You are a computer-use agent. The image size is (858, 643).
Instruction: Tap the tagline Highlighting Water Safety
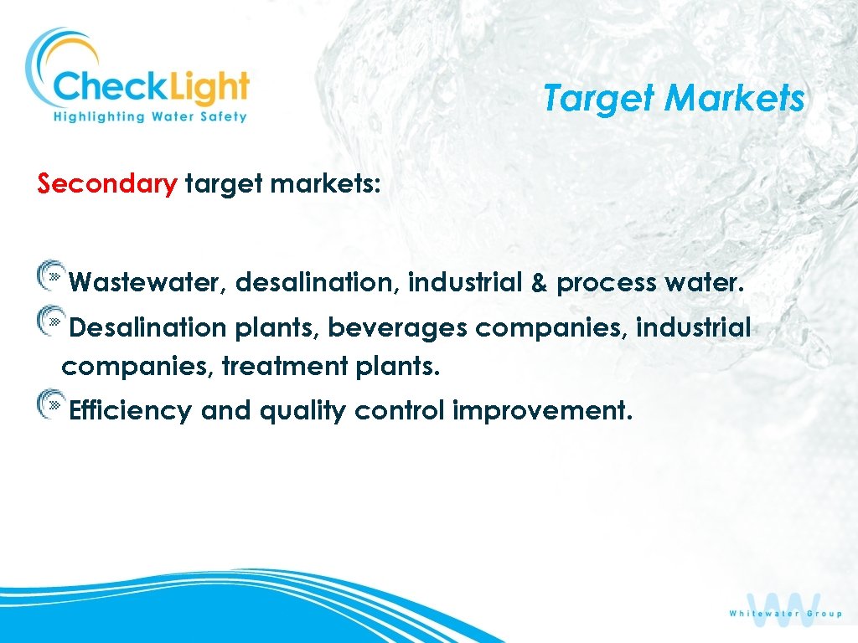point(150,117)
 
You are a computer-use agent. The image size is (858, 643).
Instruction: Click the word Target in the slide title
point(599,99)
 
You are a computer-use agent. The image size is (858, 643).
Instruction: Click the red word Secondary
point(107,183)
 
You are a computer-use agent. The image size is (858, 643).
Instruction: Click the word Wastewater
point(144,284)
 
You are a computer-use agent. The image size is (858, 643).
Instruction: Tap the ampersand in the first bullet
point(539,284)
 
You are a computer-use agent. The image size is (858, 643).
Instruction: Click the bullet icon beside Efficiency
point(50,403)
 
